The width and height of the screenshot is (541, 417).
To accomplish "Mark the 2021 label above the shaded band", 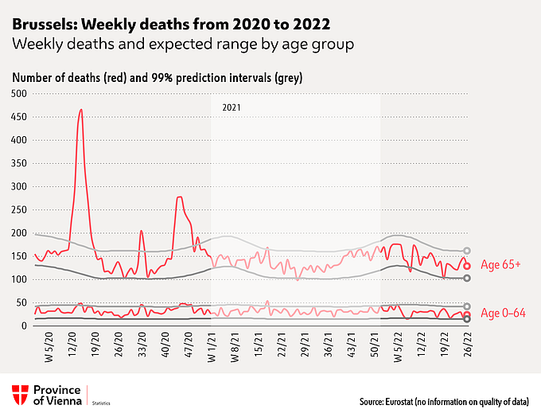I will click(x=231, y=107).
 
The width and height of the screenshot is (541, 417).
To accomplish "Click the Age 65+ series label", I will click(x=500, y=265).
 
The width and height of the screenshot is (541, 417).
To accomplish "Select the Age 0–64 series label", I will click(x=503, y=313).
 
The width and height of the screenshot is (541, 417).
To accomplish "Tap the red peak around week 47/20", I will click(x=180, y=197).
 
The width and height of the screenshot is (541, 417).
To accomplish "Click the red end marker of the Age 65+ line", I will click(x=468, y=266).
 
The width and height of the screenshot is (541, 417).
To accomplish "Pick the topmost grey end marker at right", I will click(x=467, y=251).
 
